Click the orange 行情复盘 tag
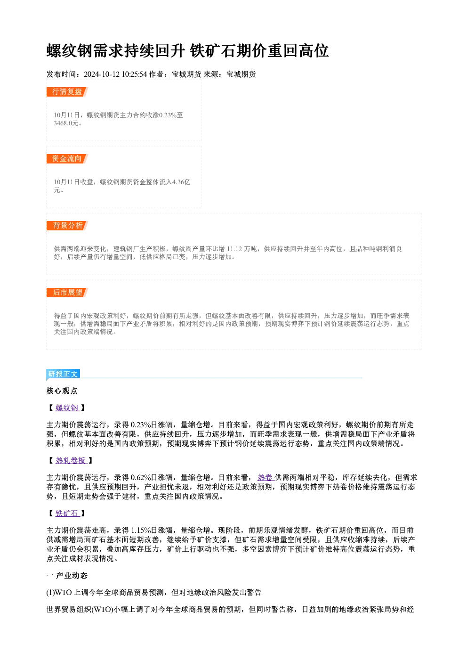[67, 92]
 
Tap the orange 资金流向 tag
[67, 159]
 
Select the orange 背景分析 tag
[67, 226]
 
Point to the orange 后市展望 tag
[67, 293]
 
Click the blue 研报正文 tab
[63, 374]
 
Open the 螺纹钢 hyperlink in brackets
[67, 408]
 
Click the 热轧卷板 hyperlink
[72, 461]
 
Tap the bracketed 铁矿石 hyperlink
[67, 514]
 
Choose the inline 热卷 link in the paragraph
[266, 477]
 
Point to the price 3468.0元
[66, 123]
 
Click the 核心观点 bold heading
[62, 391]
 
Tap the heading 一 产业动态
[67, 576]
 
